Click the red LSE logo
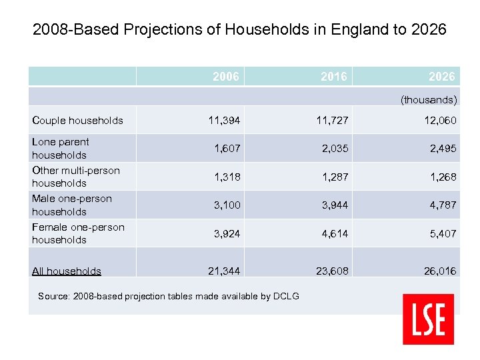coord(428,319)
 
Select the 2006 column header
coord(226,77)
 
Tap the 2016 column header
coord(333,77)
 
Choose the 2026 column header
coord(442,77)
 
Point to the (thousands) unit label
coord(429,100)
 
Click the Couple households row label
coord(77,121)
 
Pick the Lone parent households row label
coord(61,148)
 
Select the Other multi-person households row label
coord(76,177)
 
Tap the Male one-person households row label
coord(72,205)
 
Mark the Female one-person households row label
coord(78,233)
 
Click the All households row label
coord(67,271)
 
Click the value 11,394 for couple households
coord(224,121)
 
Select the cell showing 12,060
coord(440,121)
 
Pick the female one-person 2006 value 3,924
coord(227,234)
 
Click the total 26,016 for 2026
coord(439,271)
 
